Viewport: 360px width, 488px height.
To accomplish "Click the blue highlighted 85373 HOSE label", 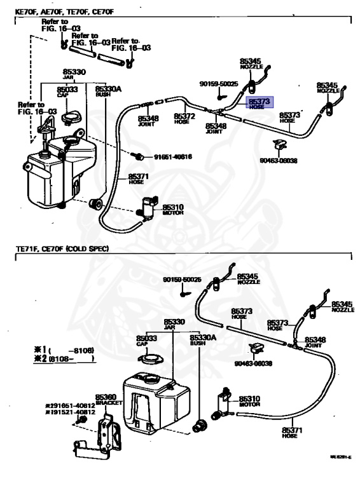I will (260, 103).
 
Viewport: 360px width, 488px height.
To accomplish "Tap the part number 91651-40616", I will (172, 157).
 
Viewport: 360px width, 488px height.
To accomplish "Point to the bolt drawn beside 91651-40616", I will (137, 156).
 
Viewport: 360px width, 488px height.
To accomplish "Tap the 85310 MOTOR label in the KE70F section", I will (172, 209).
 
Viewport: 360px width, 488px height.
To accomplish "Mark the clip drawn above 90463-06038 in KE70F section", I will (278, 145).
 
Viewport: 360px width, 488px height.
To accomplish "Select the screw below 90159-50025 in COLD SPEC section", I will (183, 293).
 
